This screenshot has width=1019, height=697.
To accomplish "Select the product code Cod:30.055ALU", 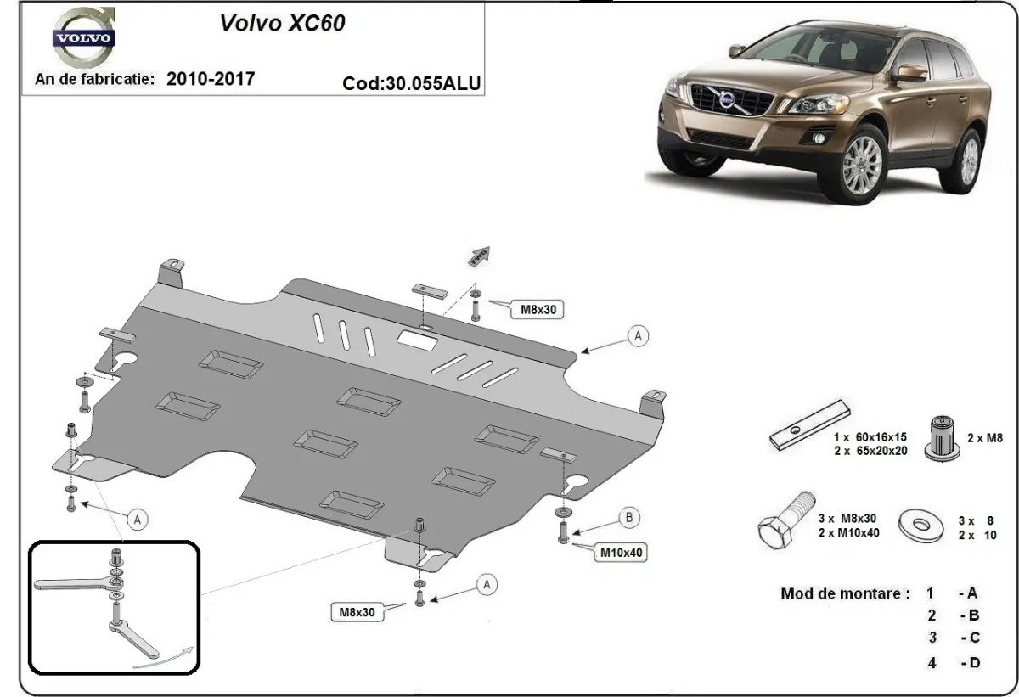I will (412, 83).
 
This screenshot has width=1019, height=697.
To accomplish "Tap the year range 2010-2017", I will (211, 79).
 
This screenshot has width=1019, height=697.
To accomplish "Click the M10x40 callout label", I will (621, 552).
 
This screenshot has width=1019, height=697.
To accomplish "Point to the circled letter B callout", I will (628, 516).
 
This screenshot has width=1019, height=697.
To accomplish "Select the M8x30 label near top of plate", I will (538, 311).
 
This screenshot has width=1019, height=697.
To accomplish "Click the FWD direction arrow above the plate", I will (478, 255).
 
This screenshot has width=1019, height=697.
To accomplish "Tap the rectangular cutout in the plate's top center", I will (418, 340).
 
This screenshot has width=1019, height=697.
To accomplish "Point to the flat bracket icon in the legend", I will (808, 426).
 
